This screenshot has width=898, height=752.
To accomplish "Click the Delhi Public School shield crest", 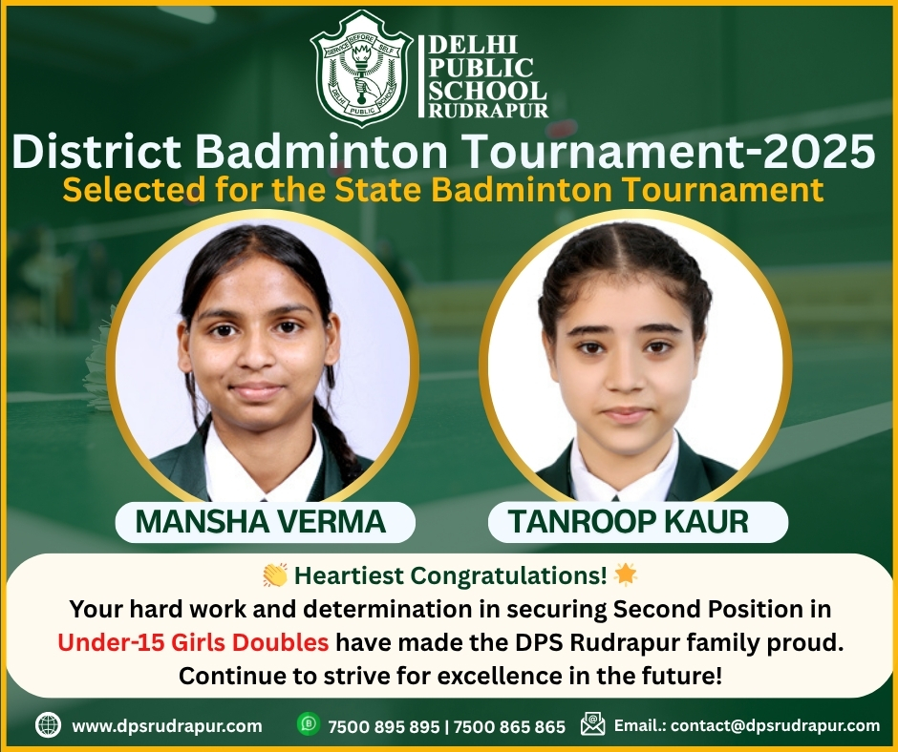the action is coord(361,68).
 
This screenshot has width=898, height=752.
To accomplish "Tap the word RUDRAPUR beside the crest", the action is coord(488,111).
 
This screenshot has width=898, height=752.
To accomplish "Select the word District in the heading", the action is coord(96,152).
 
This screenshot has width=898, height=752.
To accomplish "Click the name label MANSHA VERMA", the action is coord(261,521).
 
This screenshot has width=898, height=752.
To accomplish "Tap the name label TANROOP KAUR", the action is coord(629,521).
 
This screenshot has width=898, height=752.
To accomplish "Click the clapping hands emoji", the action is coord(275,575).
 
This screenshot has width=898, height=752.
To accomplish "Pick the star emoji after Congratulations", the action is coord(625,574).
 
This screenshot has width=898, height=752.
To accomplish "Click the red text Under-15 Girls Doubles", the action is coord(193,642).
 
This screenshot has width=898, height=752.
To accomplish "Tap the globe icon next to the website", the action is coord(48,725).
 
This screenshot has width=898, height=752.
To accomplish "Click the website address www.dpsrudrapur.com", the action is coord(166,725).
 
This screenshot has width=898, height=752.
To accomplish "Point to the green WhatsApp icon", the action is coord(309,724).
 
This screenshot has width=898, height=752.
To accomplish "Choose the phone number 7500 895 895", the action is coord(384,727).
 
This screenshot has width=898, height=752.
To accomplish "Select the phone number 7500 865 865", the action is coord(510,727).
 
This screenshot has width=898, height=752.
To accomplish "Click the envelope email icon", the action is coord(592,724).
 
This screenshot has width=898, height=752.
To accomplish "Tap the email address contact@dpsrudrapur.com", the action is coord(775,725).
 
